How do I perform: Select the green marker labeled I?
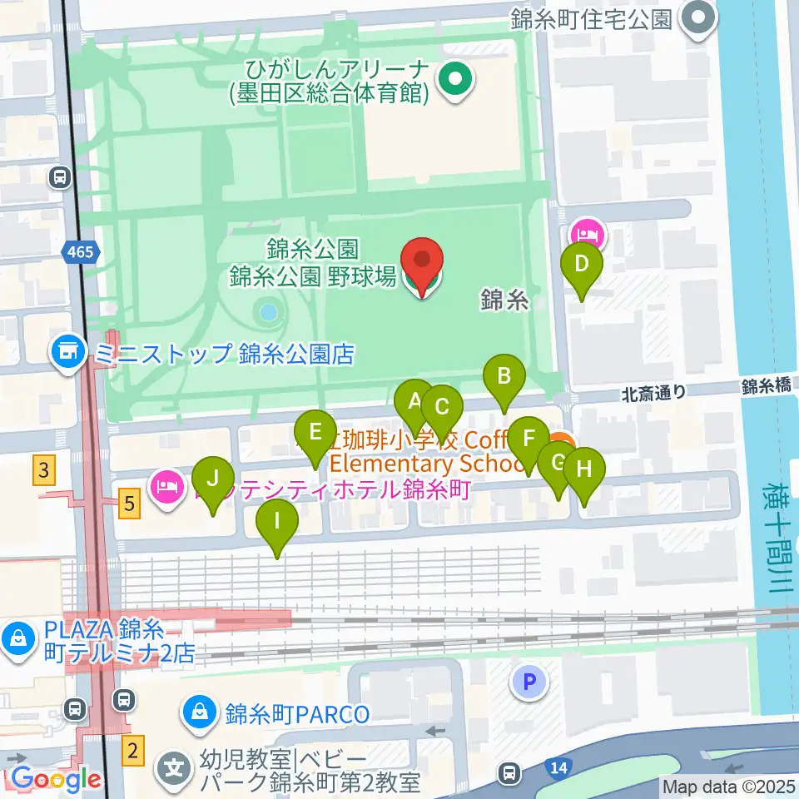pyautogui.click(x=278, y=524)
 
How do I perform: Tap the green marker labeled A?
pyautogui.click(x=414, y=403)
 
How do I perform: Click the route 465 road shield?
pyautogui.click(x=82, y=251)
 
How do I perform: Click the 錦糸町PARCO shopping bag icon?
pyautogui.click(x=201, y=712)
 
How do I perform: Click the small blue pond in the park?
pyautogui.click(x=268, y=313)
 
